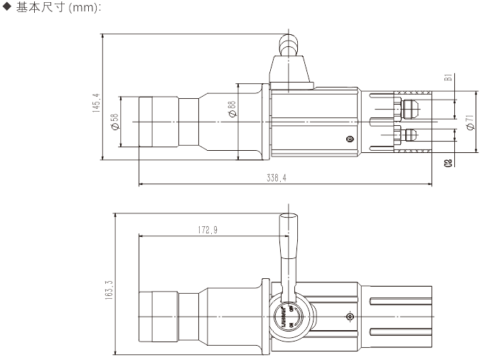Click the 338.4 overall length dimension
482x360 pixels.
click(277, 179)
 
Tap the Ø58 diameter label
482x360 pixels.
click(114, 122)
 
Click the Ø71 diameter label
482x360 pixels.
click(470, 122)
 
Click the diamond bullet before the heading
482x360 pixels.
click(8, 7)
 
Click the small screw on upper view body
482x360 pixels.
click(348, 139)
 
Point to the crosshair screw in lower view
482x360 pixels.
click(349, 316)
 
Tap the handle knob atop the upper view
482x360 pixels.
click(287, 46)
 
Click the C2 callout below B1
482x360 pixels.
click(448, 163)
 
